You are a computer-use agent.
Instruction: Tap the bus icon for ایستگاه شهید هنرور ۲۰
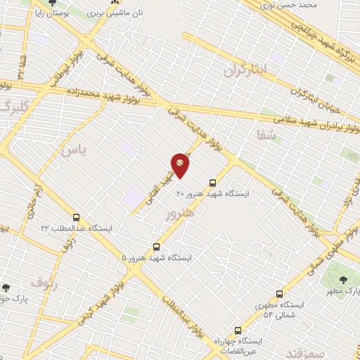[x=213, y=181]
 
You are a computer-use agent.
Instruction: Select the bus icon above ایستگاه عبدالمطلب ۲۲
[x=76, y=217]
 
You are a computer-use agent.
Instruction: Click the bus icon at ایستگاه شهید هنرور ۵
[x=156, y=247]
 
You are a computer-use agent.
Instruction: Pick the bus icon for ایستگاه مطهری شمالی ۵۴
[x=279, y=294]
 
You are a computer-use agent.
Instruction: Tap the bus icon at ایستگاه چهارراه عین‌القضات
[x=238, y=329]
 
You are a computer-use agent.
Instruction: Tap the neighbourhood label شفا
[x=268, y=136]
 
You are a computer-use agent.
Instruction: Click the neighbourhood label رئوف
[x=43, y=284]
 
